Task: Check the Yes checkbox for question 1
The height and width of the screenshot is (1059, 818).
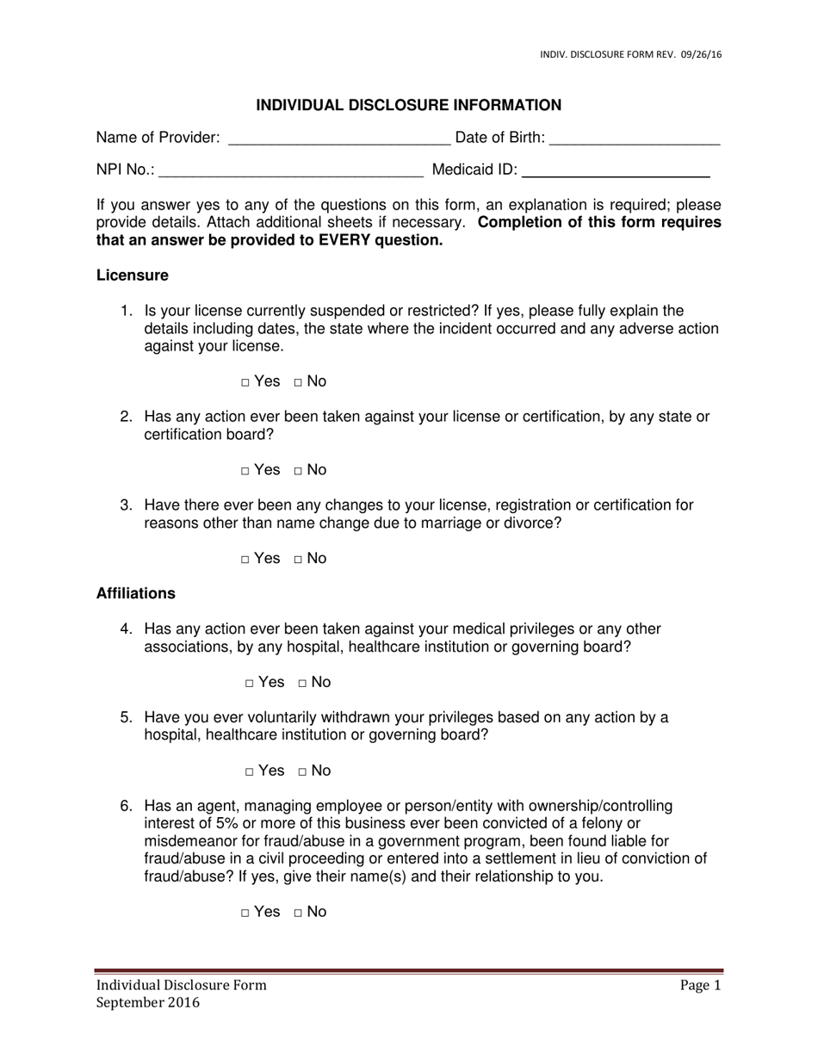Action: pos(245,382)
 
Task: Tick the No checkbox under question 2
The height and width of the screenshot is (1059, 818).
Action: pos(298,471)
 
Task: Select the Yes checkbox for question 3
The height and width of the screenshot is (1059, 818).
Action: pos(245,560)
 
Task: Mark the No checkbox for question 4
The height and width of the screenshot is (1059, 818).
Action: pos(302,684)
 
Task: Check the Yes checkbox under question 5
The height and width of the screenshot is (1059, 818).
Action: pos(249,772)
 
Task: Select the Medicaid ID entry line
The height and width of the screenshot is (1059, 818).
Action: pos(617,171)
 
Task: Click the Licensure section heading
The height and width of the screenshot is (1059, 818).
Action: pos(132,276)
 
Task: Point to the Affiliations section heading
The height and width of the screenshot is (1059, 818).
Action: pos(136,593)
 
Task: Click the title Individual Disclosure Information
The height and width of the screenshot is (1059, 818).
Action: pos(409,105)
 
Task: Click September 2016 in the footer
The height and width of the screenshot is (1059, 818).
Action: pos(147,1003)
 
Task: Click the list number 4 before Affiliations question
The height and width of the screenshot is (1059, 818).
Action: pos(126,629)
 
